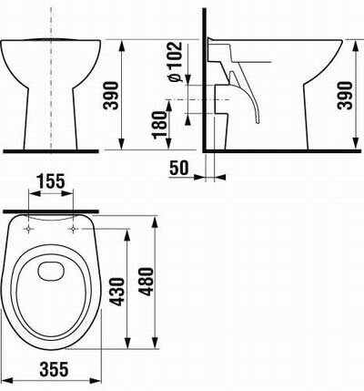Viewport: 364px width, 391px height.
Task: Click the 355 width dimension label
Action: coord(55,370)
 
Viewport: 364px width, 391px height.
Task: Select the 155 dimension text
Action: coord(51,181)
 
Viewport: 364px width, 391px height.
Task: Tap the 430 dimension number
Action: coord(117,292)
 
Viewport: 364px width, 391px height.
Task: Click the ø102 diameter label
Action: coord(176,62)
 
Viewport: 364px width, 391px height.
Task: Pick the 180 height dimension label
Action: coord(160,125)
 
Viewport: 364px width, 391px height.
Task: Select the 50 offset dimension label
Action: coord(179,168)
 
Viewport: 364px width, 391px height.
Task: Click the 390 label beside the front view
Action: coord(110,95)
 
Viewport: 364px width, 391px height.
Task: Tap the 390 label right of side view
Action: coord(346,96)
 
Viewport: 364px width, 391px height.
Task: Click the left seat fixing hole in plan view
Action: coord(28,229)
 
